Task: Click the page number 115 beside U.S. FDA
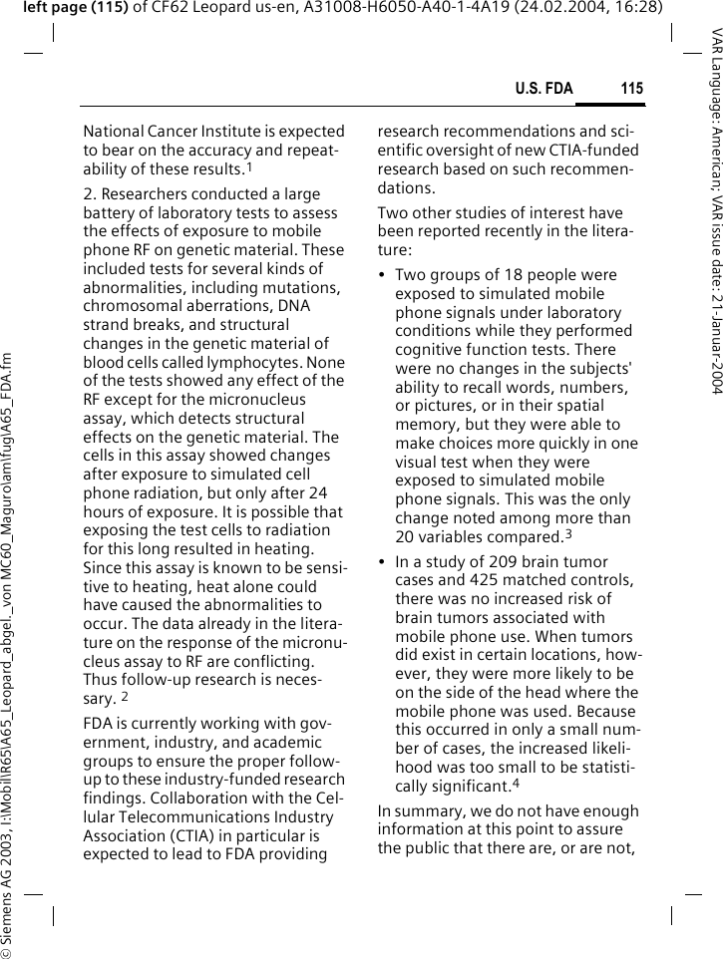[631, 90]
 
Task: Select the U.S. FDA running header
[543, 90]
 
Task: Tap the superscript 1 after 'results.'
[248, 166]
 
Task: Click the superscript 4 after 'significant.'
[516, 780]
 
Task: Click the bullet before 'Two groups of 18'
[383, 276]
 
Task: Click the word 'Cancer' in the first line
[175, 132]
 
